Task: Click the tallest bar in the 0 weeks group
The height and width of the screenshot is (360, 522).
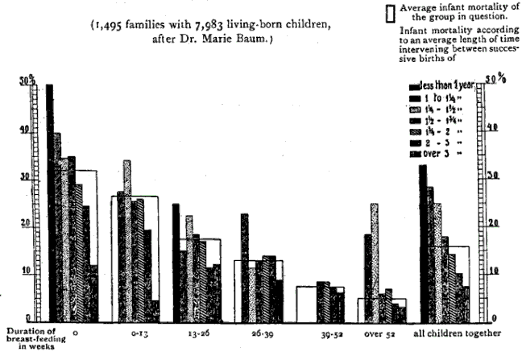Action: pos(49,201)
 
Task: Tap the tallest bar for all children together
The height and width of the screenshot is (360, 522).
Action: pos(423,242)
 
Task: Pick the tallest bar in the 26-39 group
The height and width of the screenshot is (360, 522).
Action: pos(244,266)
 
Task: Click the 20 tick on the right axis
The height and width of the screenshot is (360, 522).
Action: pos(491,223)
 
